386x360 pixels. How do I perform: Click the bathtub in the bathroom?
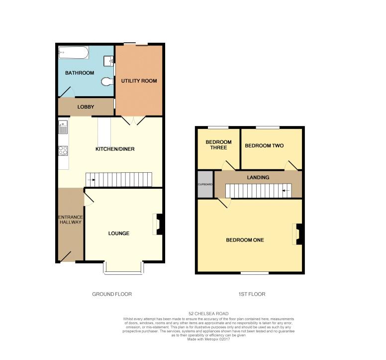click(x=73, y=52)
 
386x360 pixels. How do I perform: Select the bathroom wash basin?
click(x=108, y=61)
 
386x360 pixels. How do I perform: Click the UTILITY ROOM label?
click(x=139, y=80)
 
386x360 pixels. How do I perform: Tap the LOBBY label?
click(x=86, y=107)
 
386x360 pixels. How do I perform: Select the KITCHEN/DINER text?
click(x=115, y=149)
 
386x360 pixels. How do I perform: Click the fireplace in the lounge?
click(x=158, y=224)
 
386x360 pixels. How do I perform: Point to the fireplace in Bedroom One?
click(x=297, y=234)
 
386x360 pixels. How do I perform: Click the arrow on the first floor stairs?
click(x=286, y=190)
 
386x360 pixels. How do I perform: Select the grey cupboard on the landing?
click(x=204, y=184)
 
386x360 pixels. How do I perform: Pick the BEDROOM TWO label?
click(x=264, y=146)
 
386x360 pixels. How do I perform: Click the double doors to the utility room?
click(x=134, y=120)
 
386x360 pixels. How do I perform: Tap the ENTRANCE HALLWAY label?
click(x=70, y=220)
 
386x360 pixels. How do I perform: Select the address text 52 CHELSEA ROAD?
click(x=208, y=313)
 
